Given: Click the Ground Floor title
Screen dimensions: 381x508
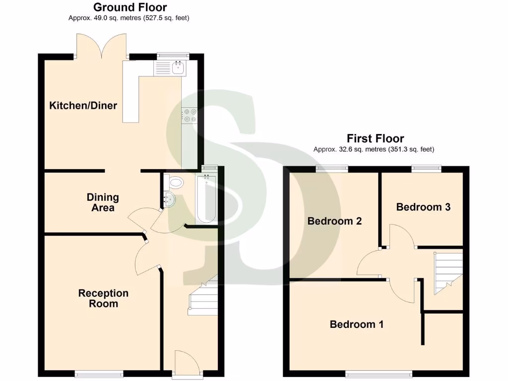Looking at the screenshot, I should (x=130, y=7).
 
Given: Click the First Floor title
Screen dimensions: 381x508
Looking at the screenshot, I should (x=375, y=138).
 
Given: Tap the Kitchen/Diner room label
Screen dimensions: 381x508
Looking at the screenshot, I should (x=83, y=105).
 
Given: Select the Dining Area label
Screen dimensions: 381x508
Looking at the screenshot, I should (x=103, y=202).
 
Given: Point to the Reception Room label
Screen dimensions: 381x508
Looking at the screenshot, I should (x=103, y=298).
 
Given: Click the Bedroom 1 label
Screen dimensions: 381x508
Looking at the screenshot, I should (x=356, y=324).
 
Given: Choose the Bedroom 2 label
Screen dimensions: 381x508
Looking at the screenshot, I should (x=334, y=221).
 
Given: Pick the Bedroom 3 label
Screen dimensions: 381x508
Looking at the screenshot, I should (x=423, y=207).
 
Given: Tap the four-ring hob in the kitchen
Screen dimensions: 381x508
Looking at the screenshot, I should (x=190, y=115).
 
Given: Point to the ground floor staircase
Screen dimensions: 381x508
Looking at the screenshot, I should (x=203, y=298).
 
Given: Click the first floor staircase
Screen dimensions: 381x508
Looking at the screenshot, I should (x=448, y=273).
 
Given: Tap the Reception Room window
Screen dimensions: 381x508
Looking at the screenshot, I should (x=99, y=374).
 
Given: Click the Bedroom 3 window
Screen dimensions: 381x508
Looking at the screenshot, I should (x=426, y=169).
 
